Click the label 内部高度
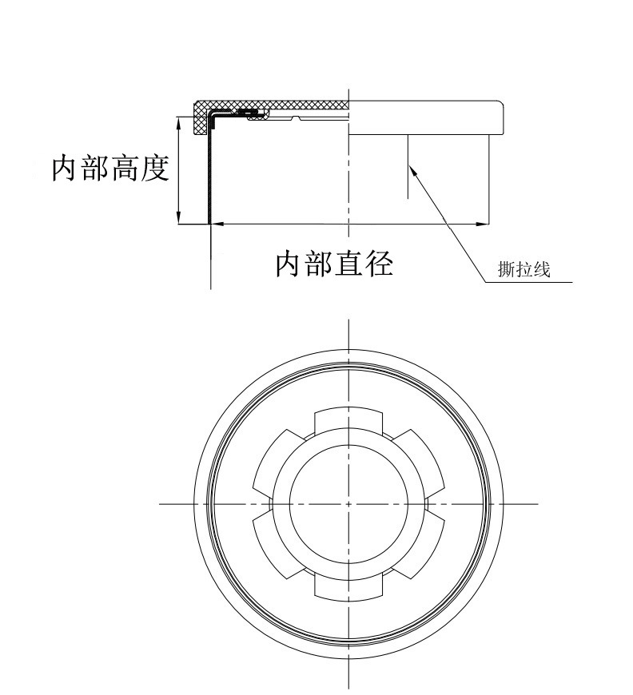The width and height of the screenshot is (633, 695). coord(110,169)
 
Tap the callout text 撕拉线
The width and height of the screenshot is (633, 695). coord(524,270)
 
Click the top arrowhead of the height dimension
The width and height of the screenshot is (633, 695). coord(179,120)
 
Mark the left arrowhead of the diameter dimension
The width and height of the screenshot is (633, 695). coord(214,224)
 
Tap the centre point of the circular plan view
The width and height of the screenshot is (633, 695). coord(349,504)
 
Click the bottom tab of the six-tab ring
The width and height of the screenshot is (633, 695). coord(349,588)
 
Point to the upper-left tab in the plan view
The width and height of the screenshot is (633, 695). coord(275,461)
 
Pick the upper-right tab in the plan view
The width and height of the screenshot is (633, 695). coord(424,461)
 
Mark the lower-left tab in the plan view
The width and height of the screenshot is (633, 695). coord(275,547)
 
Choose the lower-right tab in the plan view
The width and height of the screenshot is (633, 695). coord(424,547)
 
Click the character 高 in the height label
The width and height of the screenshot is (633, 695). coord(125,169)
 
